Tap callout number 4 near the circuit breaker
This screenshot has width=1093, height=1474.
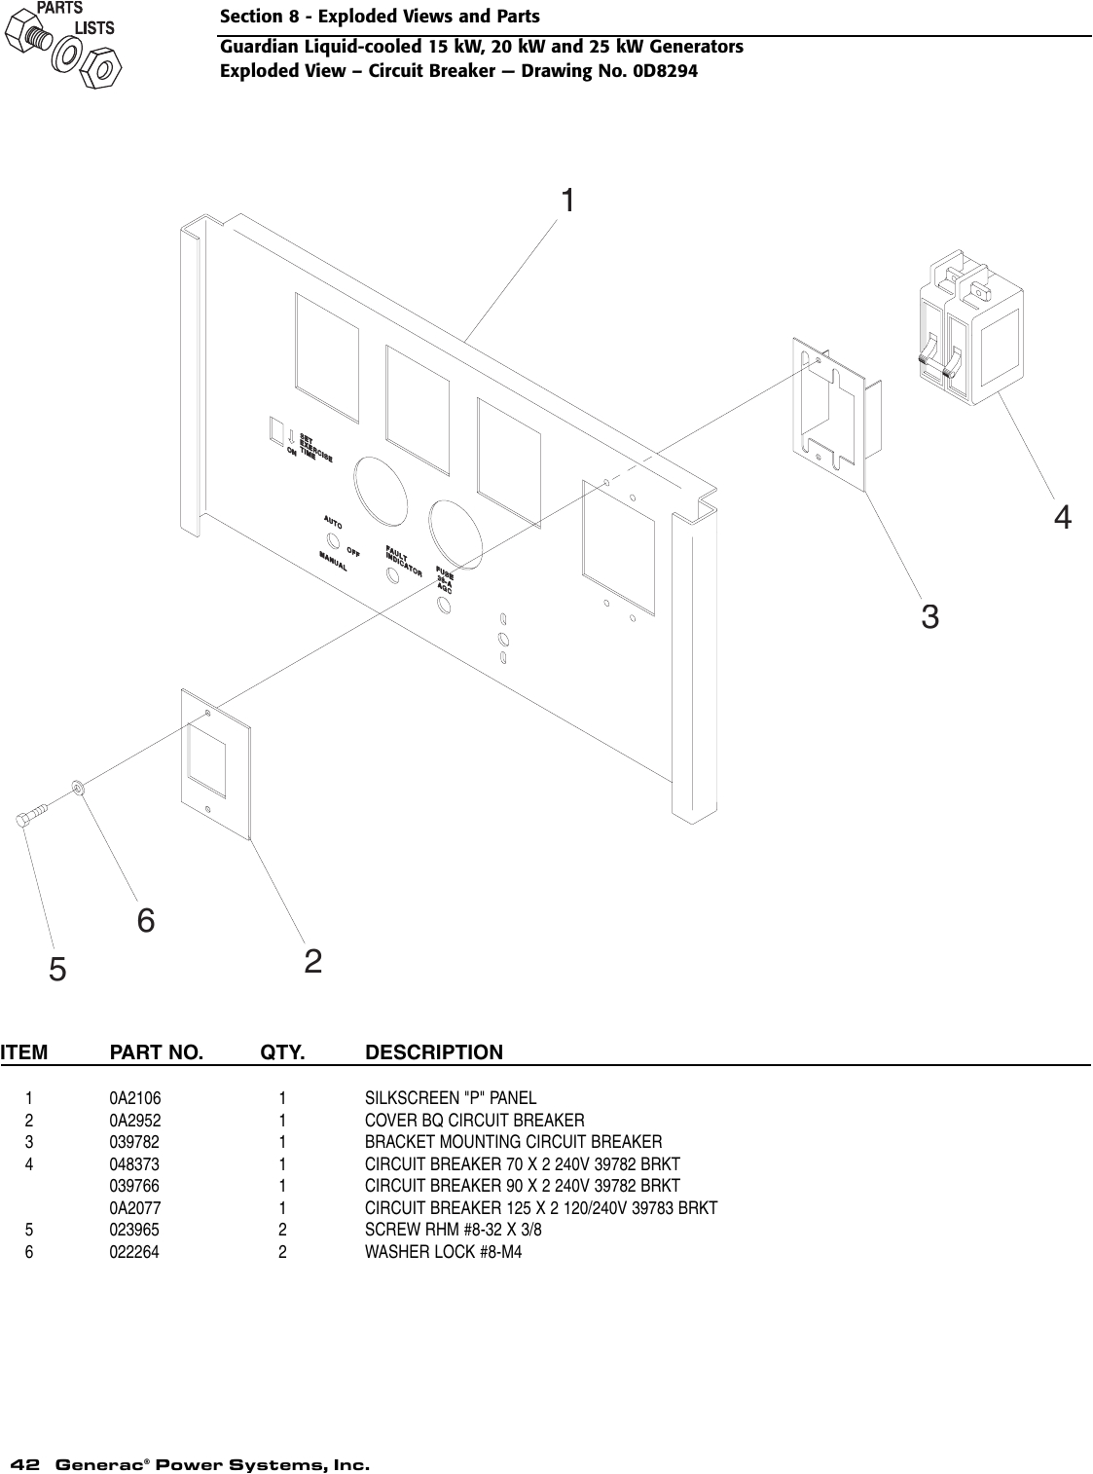(x=1063, y=517)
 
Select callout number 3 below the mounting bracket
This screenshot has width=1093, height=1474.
(x=929, y=616)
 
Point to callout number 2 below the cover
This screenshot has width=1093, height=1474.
(x=312, y=962)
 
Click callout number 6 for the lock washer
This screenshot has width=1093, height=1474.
(x=146, y=920)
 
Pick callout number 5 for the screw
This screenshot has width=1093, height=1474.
(x=58, y=969)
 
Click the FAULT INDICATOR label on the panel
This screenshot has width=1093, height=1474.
(x=403, y=563)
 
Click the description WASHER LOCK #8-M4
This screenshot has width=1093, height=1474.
(x=443, y=1252)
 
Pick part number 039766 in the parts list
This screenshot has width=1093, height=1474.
(x=134, y=1186)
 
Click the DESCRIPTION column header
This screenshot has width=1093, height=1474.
(x=434, y=1052)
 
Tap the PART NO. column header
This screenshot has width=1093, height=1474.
(x=157, y=1052)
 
